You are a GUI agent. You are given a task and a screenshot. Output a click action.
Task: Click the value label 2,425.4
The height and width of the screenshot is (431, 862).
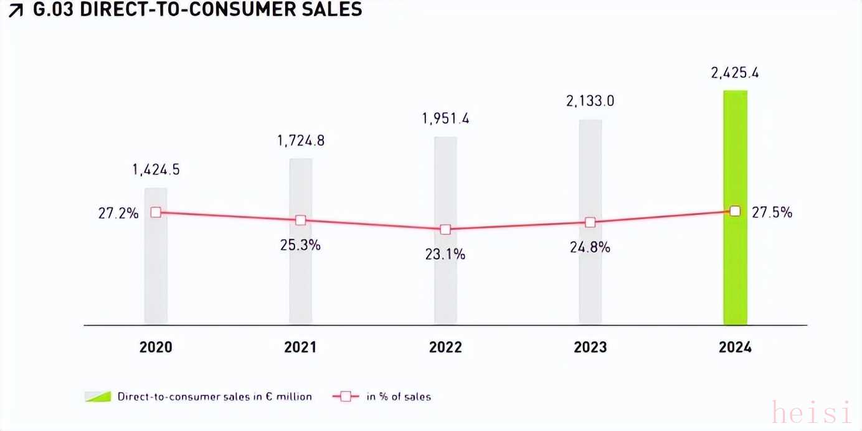click(735, 73)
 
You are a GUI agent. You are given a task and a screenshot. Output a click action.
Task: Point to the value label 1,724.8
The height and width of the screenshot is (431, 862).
click(301, 141)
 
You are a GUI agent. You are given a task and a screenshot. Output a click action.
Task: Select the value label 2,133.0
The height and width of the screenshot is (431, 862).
click(590, 101)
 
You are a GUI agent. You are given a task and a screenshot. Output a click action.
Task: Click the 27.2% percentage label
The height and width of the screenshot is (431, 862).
click(118, 213)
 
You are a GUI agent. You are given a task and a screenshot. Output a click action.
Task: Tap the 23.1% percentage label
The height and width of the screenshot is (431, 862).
click(445, 254)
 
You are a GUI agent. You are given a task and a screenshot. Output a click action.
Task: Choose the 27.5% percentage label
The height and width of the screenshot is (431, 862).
click(772, 212)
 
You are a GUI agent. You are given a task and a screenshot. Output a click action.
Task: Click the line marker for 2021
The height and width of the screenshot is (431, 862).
click(301, 220)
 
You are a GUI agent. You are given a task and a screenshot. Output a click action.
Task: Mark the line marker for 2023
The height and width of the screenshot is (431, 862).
click(590, 222)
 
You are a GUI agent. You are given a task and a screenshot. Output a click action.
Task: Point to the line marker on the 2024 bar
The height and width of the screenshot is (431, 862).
click(735, 211)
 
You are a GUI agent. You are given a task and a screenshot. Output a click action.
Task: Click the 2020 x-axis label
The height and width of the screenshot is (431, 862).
click(156, 348)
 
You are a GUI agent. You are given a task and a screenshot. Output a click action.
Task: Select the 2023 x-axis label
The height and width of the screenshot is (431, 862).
click(590, 348)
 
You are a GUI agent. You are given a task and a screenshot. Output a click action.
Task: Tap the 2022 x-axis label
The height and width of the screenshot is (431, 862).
click(445, 348)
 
